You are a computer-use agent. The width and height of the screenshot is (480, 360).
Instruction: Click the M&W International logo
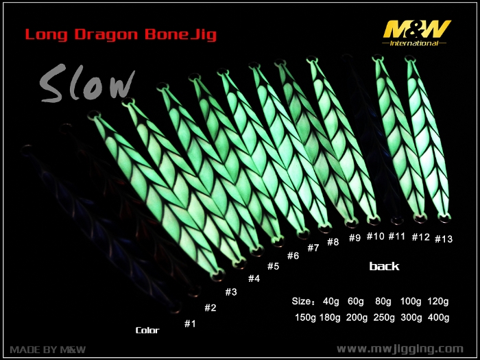(416, 33)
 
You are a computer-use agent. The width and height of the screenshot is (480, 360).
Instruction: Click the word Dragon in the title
(106, 34)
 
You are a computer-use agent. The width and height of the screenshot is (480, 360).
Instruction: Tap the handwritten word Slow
(87, 83)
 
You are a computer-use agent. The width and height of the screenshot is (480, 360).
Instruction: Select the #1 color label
(190, 324)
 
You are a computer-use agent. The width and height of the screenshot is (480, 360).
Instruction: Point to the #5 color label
(273, 266)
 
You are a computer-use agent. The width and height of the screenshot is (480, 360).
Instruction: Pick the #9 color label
(355, 237)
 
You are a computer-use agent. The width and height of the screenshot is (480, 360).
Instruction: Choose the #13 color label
(444, 239)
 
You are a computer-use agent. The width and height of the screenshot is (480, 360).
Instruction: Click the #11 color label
(397, 237)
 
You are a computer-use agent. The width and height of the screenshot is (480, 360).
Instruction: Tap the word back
(384, 266)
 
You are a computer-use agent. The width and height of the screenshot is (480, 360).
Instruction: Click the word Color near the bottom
(147, 331)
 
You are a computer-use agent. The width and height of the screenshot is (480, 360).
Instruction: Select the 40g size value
(331, 301)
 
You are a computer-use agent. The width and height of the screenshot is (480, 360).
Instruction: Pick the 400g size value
(438, 317)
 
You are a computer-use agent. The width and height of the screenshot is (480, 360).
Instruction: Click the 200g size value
(357, 317)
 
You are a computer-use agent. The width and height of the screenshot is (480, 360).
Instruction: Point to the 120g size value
(437, 301)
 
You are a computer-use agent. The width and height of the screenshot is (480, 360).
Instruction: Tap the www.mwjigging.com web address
(400, 349)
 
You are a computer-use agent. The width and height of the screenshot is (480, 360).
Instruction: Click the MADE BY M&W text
(48, 350)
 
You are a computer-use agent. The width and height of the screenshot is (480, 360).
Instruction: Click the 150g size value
(305, 317)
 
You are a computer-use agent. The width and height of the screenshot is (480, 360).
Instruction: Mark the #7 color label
(313, 248)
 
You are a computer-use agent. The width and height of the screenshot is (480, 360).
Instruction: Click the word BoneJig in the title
(180, 34)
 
